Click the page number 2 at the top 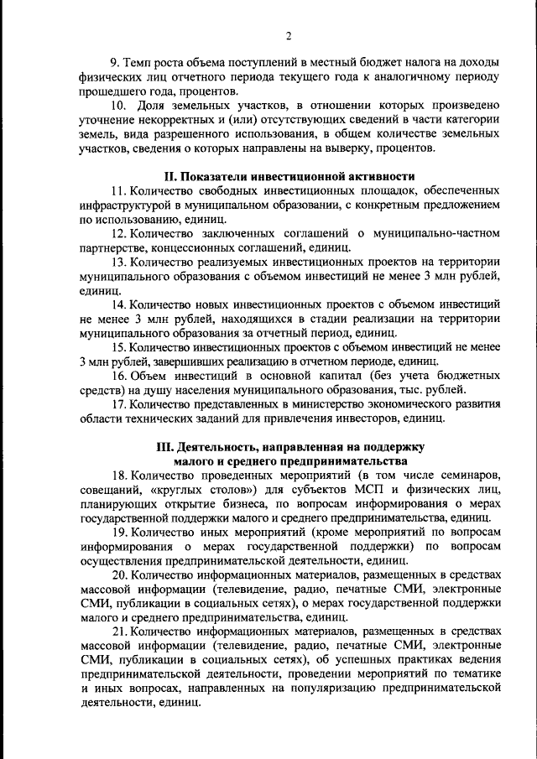[x=288, y=36]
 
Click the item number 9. [x=116, y=63]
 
